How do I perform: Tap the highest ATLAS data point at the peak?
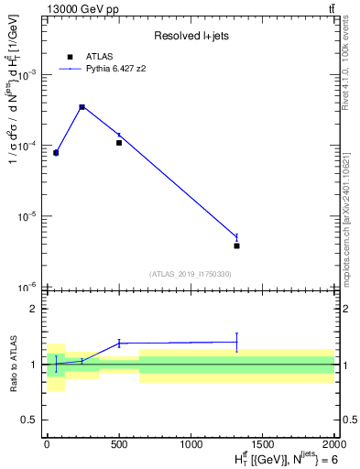coord(82,107)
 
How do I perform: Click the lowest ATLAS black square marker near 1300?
coord(236,245)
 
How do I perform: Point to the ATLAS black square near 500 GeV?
coord(119,143)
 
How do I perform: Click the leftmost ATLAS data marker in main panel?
coord(56,152)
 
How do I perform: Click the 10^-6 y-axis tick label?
coord(29,288)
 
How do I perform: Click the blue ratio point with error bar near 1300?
coord(236,342)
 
